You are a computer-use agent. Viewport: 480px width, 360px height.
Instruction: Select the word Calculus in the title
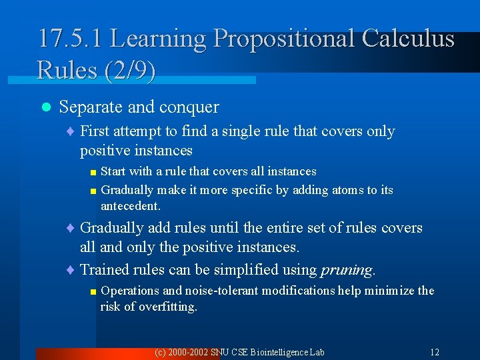(x=408, y=38)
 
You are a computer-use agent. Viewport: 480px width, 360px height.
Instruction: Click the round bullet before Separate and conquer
(x=45, y=107)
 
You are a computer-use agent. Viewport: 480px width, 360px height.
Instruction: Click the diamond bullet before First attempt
(x=71, y=131)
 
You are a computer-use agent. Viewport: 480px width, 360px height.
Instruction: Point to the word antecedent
(x=130, y=207)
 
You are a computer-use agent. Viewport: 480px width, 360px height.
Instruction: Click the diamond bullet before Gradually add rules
(x=71, y=228)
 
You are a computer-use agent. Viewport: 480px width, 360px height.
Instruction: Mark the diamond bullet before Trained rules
(x=71, y=270)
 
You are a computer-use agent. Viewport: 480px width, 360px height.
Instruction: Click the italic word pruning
(x=346, y=270)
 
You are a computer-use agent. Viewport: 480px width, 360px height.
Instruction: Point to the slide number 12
(x=435, y=352)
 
